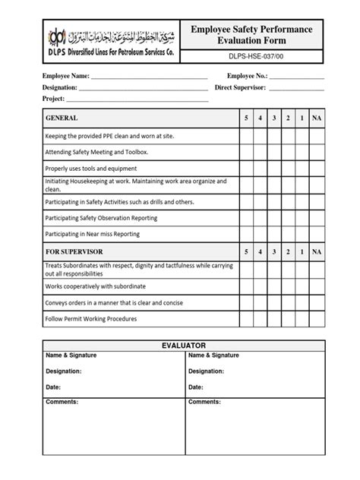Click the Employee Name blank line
tap(149, 77)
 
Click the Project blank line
tap(137, 99)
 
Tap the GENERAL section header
tap(62, 119)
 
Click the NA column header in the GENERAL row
tap(317, 119)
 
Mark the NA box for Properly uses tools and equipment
tap(317, 168)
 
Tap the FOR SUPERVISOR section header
tap(74, 251)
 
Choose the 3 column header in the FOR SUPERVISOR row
tap(273, 251)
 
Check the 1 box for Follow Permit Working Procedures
tap(302, 320)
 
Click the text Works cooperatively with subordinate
tap(95, 286)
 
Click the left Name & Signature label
tap(65, 355)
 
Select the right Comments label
tap(204, 402)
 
